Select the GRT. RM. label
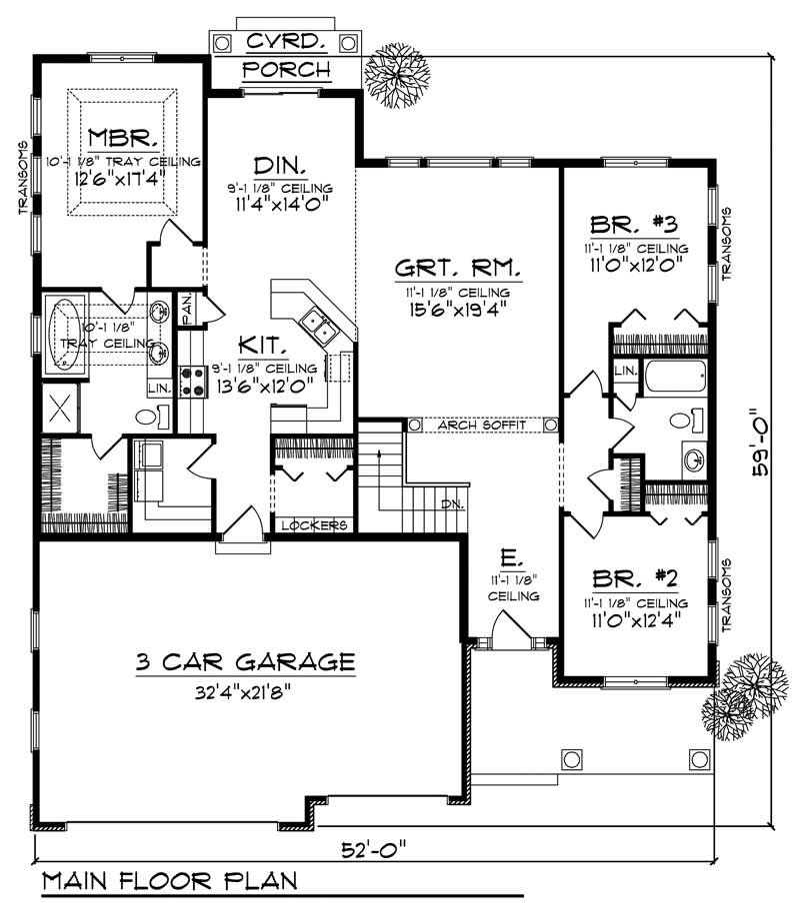pos(458,268)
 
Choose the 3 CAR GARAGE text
pos(245,661)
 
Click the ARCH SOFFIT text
pos(481,426)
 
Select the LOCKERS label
pos(314,525)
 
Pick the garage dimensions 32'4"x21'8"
pos(246,688)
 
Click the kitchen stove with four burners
pos(191,380)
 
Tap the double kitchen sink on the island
pos(318,323)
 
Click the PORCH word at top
pos(287,69)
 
